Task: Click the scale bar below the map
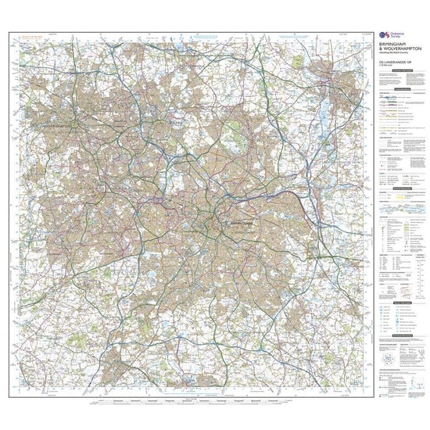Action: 195,405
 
